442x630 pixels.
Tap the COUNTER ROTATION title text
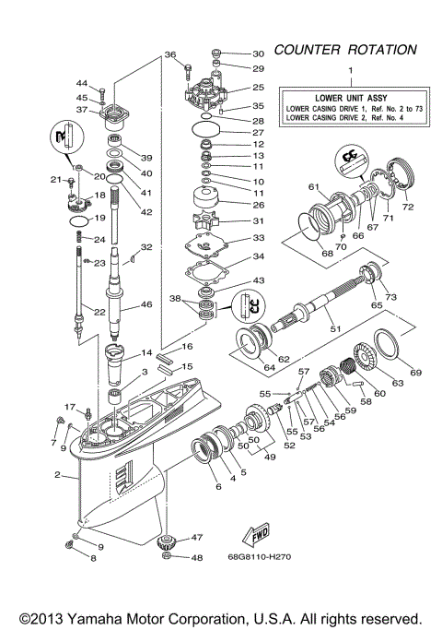click(344, 49)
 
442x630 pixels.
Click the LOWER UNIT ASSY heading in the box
click(348, 96)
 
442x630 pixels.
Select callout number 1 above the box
click(348, 71)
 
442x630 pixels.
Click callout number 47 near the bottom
click(197, 537)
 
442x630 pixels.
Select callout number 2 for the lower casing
click(58, 476)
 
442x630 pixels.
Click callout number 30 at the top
click(257, 53)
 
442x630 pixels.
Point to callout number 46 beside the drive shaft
click(145, 303)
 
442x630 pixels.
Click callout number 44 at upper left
click(81, 84)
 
